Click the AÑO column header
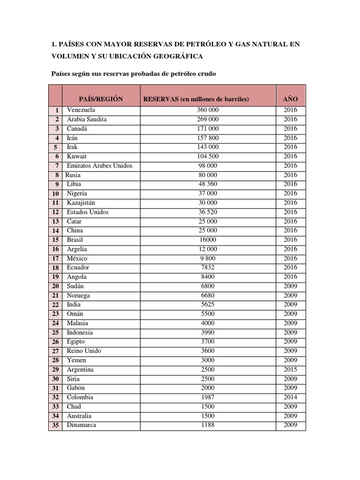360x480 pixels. (x=291, y=99)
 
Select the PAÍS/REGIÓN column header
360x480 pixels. (x=101, y=99)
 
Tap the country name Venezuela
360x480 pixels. (x=81, y=110)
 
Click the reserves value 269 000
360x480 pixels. (x=208, y=120)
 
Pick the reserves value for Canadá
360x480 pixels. (x=208, y=128)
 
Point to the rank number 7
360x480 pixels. (x=57, y=166)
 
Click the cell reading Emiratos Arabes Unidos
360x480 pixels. (x=99, y=165)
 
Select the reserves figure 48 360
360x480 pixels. (x=208, y=184)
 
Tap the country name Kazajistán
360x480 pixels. (x=81, y=202)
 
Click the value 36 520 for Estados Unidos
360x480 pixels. (x=208, y=212)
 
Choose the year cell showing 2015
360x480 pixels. (x=291, y=369)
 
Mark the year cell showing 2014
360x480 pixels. (x=291, y=397)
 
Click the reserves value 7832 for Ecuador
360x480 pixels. (x=208, y=267)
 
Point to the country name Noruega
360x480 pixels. (x=78, y=295)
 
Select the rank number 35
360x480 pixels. (x=55, y=426)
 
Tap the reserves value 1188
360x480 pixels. (x=208, y=425)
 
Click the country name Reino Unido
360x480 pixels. (x=84, y=351)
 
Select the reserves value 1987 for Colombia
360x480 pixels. (x=208, y=397)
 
